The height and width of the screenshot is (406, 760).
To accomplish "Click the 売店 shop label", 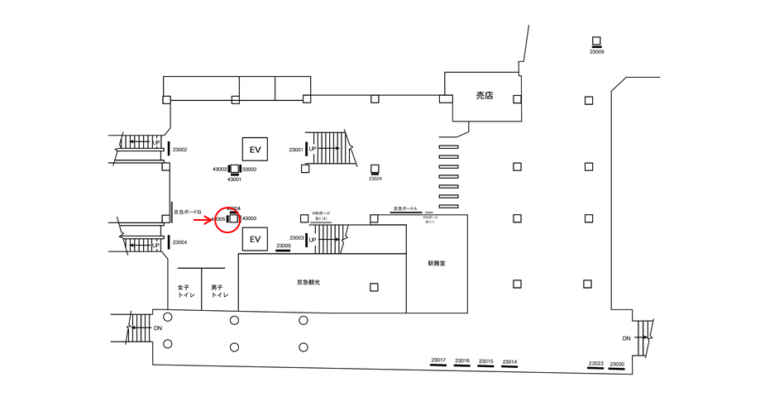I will tap(484, 96).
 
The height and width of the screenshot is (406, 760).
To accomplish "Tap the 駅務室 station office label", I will tap(437, 265).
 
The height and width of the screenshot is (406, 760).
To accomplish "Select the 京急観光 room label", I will tap(308, 283).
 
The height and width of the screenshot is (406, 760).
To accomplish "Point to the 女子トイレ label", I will tap(184, 291).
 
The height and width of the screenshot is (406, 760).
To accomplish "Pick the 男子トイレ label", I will tap(219, 291).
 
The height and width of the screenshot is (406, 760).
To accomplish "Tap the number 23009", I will tap(596, 52).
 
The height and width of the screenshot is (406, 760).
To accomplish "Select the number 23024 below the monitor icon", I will tap(375, 179).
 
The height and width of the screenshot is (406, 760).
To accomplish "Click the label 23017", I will tap(438, 361).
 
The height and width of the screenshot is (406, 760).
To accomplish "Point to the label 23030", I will tap(617, 365).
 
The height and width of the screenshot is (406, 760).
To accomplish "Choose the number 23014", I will tap(510, 361).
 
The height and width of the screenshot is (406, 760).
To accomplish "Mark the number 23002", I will tap(180, 150).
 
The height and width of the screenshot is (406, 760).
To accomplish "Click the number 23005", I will tap(284, 246).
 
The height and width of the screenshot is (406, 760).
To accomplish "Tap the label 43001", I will tap(234, 179).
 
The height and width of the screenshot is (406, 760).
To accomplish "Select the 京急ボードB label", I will tap(188, 212).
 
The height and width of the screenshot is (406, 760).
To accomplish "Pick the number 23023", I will tap(595, 365).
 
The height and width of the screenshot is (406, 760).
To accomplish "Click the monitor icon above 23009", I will tap(596, 41).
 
